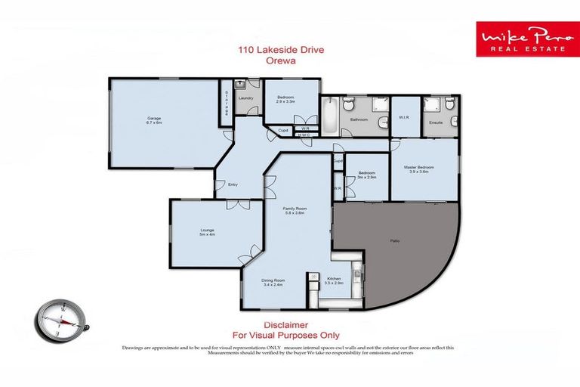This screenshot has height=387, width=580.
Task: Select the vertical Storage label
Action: (x=226, y=102)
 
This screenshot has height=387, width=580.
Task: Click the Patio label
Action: (x=394, y=240)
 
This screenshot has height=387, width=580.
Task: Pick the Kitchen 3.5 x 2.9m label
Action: (x=334, y=281)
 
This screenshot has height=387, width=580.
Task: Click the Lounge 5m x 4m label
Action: (x=206, y=232)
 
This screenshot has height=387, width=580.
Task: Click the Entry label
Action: (x=233, y=184)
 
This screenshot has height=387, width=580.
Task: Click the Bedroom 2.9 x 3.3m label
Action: (x=285, y=98)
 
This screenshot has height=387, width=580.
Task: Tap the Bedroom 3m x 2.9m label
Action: (x=367, y=175)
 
